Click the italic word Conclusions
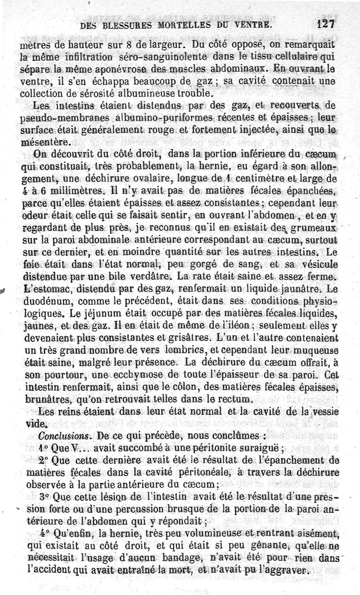(58, 436)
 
